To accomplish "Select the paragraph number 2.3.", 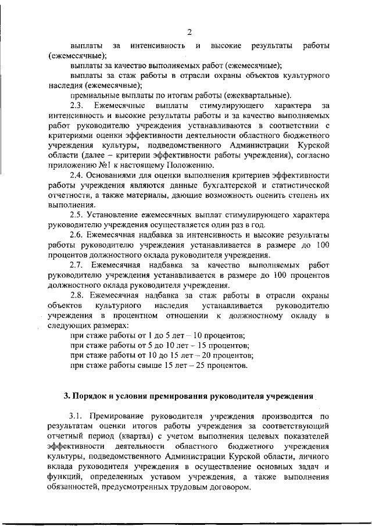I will [x=77, y=106].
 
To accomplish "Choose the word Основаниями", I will [x=116, y=175].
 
